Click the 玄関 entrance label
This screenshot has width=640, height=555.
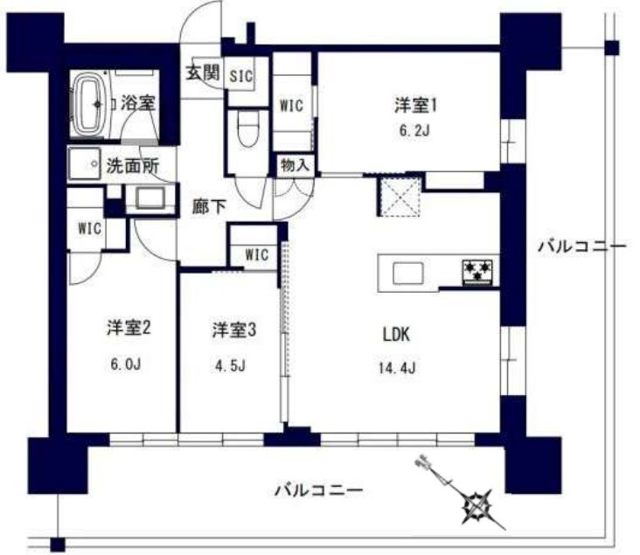201,73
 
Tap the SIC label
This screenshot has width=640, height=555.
241,76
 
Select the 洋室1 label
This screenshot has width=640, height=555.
414,106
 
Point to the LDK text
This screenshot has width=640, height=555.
395,333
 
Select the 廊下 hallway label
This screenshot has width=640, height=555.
210,207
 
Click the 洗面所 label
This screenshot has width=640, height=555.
127,163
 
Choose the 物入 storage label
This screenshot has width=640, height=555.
293,163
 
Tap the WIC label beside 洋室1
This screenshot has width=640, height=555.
291,105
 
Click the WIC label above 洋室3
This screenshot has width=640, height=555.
256,254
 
